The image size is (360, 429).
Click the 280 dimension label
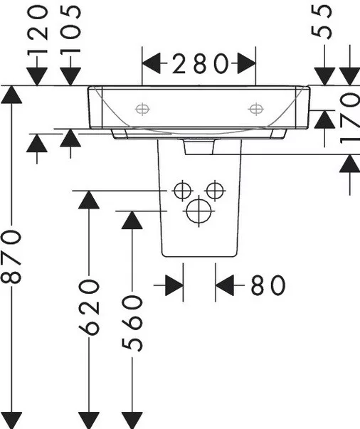point(200,63)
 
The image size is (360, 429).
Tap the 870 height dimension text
point(11,256)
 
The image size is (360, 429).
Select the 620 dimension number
point(89,307)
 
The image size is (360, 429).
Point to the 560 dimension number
point(132,323)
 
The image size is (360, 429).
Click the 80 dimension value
point(268,285)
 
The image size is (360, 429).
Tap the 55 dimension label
point(322,22)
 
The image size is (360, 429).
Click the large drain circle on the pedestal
point(199,211)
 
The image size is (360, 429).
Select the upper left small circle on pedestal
point(182,191)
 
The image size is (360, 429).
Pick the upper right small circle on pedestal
point(215,190)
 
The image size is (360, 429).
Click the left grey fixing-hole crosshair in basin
point(142,110)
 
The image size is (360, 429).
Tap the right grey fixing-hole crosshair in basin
point(256,109)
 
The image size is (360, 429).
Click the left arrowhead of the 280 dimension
point(152,63)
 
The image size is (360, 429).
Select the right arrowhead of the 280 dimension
point(246,63)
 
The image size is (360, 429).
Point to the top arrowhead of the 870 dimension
point(11,95)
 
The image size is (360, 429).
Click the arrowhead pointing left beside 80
point(225,285)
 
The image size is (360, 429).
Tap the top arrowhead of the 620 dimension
point(89,200)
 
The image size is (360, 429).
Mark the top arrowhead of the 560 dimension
point(132,221)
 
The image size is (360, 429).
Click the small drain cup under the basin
point(199,147)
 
